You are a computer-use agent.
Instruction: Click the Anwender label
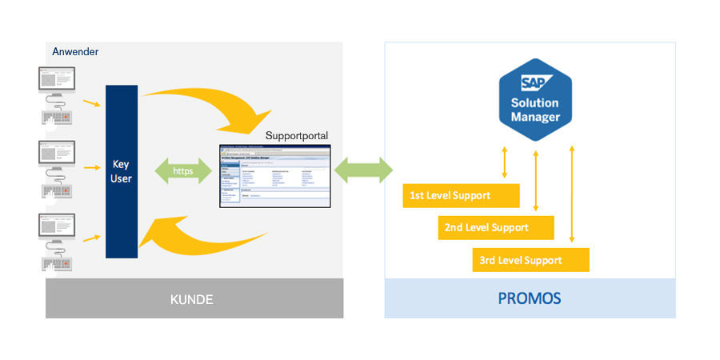(x=75, y=52)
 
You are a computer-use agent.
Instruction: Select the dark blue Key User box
(x=122, y=171)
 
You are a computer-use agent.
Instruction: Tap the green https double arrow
(x=183, y=171)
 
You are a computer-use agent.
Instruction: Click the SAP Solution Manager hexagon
(x=535, y=99)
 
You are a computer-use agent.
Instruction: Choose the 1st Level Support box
(x=461, y=195)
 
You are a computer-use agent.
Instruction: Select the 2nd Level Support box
(x=496, y=227)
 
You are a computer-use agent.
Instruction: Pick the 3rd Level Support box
(x=531, y=260)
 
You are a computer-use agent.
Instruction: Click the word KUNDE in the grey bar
(x=192, y=299)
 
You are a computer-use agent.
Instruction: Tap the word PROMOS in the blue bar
(x=530, y=299)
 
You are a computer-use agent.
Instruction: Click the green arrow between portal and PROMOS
(x=364, y=170)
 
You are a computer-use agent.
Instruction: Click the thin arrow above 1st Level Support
(x=503, y=162)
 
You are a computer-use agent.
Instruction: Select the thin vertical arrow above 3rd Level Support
(x=571, y=193)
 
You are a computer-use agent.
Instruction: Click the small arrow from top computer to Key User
(x=92, y=102)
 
